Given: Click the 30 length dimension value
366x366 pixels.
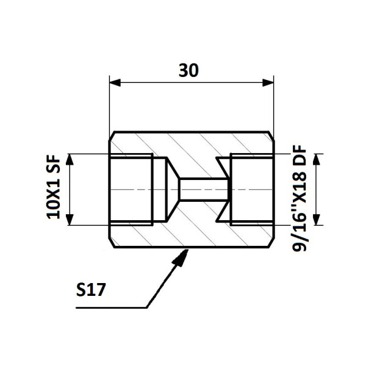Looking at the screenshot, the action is click(188, 70).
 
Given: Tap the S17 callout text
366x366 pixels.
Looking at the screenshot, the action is click(91, 290).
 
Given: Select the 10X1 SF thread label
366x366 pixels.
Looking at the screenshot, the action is click(54, 187).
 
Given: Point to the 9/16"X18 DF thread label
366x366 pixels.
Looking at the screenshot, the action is click(300, 198).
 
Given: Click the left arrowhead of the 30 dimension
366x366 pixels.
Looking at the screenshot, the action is click(115, 82).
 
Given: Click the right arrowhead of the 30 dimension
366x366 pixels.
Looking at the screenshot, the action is click(268, 82).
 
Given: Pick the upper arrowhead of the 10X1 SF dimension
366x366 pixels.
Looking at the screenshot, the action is click(70, 159).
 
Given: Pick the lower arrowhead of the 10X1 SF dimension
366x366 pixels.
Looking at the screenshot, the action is click(70, 220).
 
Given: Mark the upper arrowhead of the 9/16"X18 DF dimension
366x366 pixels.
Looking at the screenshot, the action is click(316, 159).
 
